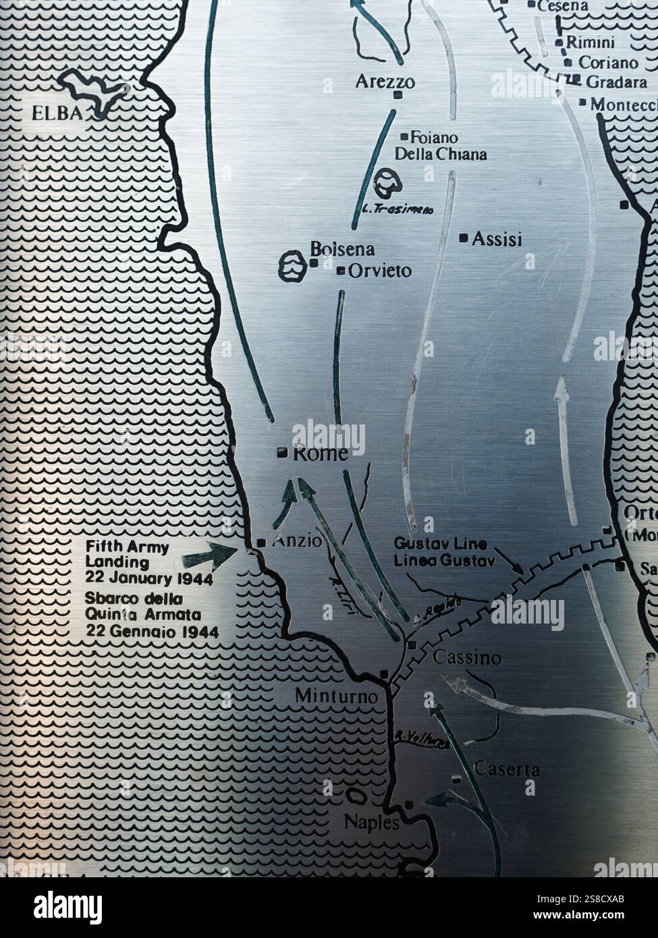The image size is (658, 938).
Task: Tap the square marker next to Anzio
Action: pos(262,543)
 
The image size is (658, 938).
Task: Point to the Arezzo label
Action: pos(385,82)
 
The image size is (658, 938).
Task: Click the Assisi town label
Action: pos(497,239)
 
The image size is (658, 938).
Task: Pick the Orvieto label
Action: pos(380,271)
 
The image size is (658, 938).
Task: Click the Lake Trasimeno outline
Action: pos(388,180)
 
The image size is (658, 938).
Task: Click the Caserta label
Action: pos(507,768)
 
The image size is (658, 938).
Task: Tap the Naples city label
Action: pos(372,823)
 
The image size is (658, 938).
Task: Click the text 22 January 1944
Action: pos(149,578)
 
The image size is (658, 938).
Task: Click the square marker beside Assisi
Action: pos(463,238)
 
